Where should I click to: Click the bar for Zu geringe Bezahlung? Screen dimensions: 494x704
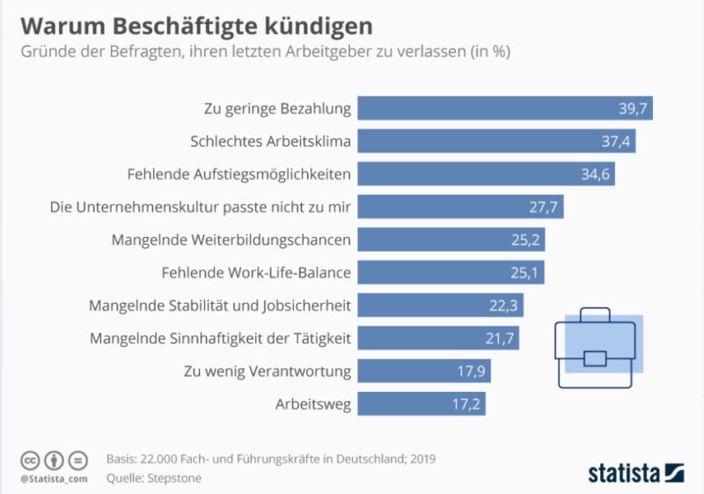pyautogui.click(x=505, y=108)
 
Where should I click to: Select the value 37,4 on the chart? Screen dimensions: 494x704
pyautogui.click(x=616, y=141)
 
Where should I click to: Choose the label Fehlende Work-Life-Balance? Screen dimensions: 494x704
pyautogui.click(x=257, y=272)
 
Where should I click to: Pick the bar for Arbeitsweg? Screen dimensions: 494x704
pyautogui.click(x=422, y=404)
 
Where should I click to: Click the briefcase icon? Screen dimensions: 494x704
pyautogui.click(x=597, y=345)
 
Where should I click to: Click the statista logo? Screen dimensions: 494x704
pyautogui.click(x=635, y=472)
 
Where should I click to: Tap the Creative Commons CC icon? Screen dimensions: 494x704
pyautogui.click(x=31, y=460)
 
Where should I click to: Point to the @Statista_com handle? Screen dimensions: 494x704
pyautogui.click(x=54, y=478)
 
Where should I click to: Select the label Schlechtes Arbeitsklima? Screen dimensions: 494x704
pyautogui.click(x=271, y=141)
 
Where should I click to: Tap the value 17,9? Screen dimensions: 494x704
pyautogui.click(x=472, y=371)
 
